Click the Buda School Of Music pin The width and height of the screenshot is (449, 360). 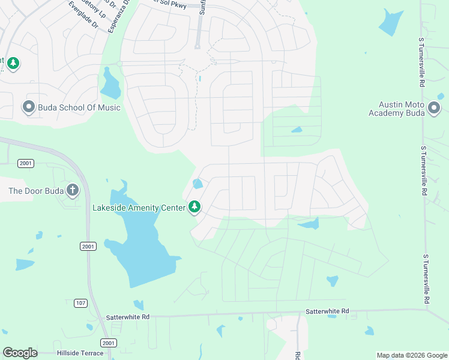point(29,107)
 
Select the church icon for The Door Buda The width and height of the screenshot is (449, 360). point(72,191)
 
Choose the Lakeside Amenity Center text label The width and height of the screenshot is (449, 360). point(139,208)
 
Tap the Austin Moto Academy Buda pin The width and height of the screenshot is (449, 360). point(434,109)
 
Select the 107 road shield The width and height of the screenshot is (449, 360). point(80,303)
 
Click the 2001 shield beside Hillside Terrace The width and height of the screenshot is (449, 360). point(109,343)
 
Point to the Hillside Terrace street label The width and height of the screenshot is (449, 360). point(80,353)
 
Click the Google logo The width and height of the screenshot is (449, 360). point(20,352)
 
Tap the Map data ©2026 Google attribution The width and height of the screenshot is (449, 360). point(411,355)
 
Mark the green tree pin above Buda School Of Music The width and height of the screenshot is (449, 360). point(13,62)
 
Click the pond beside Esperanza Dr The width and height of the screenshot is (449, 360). point(110,84)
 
